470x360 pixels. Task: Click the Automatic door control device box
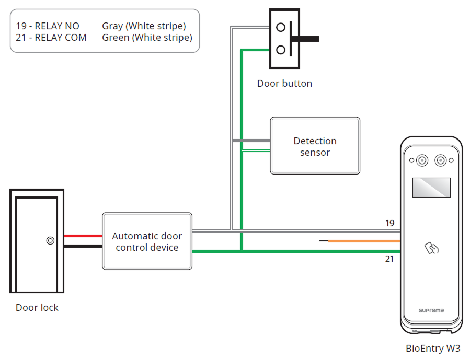[147, 241]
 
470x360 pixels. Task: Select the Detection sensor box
[315, 146]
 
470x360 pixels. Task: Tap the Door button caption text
[284, 84]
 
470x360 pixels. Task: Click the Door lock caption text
[37, 308]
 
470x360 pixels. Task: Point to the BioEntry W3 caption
[433, 348]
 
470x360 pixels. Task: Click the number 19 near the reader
[389, 223]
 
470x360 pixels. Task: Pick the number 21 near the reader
[389, 259]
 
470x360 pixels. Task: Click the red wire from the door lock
[83, 236]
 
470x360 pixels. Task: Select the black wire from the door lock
[83, 246]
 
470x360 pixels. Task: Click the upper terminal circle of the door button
[281, 27]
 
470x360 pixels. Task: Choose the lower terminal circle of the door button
[281, 50]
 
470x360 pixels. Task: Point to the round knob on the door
[50, 241]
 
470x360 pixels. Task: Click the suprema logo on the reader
[431, 310]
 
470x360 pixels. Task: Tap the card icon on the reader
[431, 248]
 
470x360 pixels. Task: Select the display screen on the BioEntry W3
[431, 187]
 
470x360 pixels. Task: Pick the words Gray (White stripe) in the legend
[144, 26]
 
